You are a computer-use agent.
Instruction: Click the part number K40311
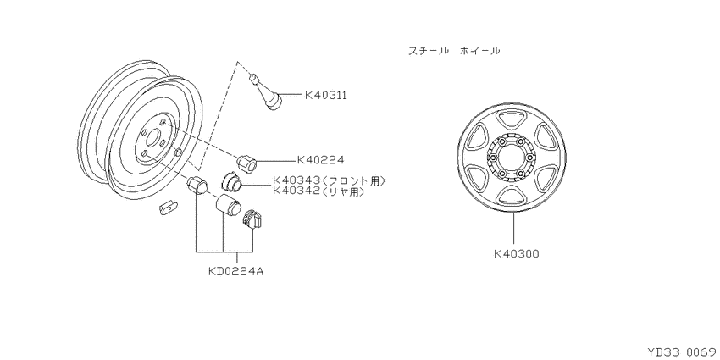pos(325,95)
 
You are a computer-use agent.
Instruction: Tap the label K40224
pos(320,160)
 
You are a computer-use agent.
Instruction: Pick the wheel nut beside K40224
pos(246,163)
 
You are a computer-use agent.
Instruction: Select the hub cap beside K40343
pos(232,181)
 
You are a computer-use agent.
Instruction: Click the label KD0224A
pos(235,271)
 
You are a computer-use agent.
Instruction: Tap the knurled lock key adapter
pos(252,219)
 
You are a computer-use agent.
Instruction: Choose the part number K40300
pos(517,253)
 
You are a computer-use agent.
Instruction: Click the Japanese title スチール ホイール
pos(454,51)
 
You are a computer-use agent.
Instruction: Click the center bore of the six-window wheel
pos(511,158)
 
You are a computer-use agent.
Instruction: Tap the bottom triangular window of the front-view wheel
pos(511,196)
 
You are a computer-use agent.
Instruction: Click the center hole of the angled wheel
pos(153,138)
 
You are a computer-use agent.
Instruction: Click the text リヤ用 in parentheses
pos(342,191)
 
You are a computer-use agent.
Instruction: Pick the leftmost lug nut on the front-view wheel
pos(492,158)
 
